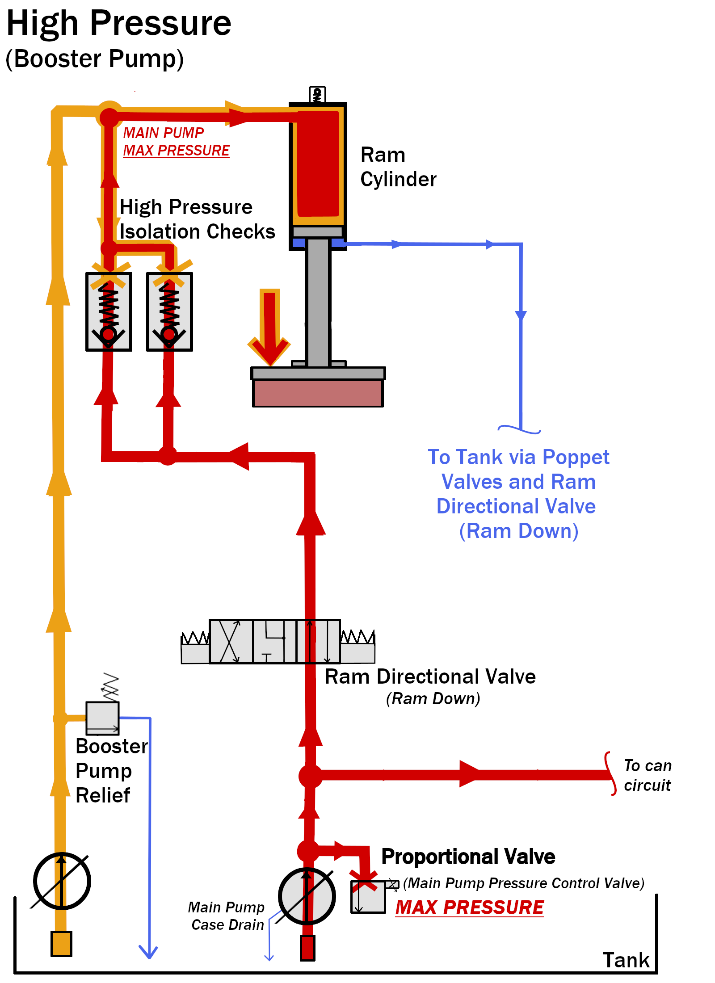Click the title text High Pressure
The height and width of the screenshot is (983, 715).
119,23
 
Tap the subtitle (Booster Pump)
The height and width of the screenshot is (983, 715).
95,59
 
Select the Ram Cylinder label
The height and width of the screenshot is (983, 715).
398,167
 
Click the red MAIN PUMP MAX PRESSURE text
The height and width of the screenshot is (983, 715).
176,142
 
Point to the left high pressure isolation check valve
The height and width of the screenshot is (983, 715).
109,312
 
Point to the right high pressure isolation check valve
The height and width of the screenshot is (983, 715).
169,312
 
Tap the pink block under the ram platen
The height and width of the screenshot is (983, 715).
318,393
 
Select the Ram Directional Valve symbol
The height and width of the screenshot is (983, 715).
275,642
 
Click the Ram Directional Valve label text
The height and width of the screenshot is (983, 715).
430,676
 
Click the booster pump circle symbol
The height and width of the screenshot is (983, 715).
62,881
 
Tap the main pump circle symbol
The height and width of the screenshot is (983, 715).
307,896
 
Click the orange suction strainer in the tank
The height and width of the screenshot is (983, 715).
61,944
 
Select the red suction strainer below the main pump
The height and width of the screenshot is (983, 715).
307,948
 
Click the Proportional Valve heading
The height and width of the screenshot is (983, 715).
468,857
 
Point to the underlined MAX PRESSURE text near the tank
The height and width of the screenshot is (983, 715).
470,907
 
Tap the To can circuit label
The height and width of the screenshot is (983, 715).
647,775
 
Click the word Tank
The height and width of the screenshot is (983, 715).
626,960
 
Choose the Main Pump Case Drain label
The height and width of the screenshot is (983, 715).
227,916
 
